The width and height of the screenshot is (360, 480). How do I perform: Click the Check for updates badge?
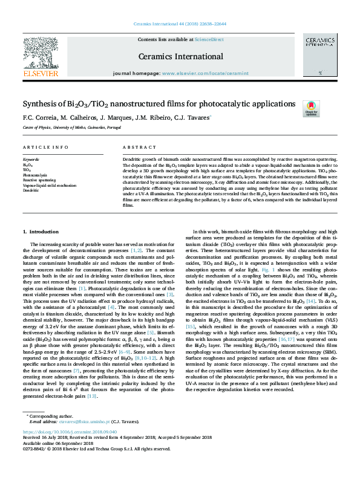pos(311,108)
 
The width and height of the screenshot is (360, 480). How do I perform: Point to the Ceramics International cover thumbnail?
pos(320,54)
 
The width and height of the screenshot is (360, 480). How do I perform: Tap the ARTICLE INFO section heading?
pos(45,148)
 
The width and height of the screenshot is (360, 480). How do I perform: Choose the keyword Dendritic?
pos(30,190)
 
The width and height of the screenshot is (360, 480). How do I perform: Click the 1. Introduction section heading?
pos(41,232)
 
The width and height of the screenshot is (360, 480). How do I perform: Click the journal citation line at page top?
pos(180,25)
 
